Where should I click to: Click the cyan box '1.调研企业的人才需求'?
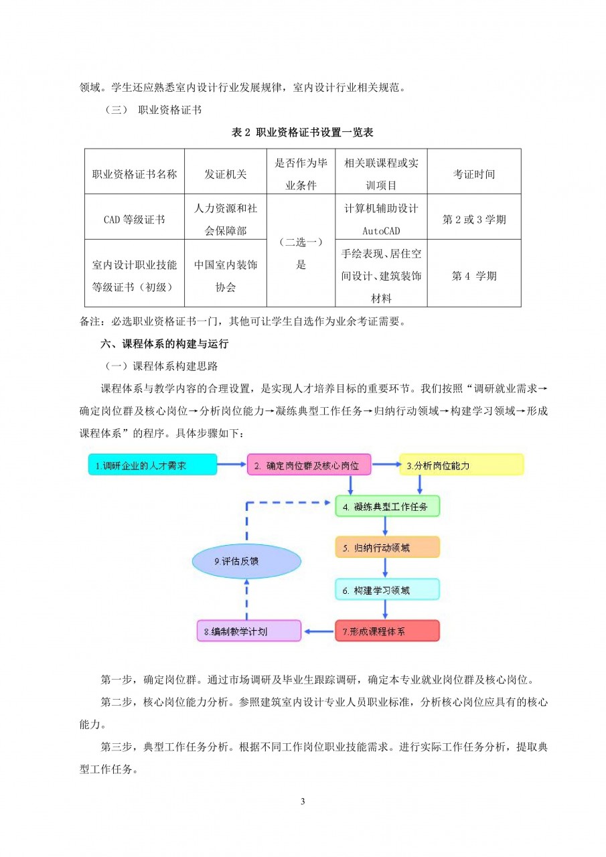tap(153, 465)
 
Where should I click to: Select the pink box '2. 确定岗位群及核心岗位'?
tap(309, 465)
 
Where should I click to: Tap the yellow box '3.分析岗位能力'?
tap(461, 465)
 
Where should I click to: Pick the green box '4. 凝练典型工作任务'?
tap(387, 506)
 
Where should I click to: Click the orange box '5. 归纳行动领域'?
tap(387, 548)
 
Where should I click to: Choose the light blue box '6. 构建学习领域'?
tap(387, 590)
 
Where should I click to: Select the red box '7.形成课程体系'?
tap(387, 631)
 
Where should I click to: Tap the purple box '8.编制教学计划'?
tap(248, 631)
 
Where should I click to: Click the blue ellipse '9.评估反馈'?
tap(245, 561)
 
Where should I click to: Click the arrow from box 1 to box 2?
tap(232, 464)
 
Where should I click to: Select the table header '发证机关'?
tap(226, 174)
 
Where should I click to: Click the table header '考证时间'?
tap(473, 174)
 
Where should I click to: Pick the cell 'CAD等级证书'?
tap(135, 219)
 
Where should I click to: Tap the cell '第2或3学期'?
tap(473, 219)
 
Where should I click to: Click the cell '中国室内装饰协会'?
tap(226, 275)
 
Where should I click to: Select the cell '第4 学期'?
tap(473, 275)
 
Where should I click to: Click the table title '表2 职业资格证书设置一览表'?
tap(302, 133)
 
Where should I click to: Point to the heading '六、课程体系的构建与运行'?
tap(165, 344)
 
